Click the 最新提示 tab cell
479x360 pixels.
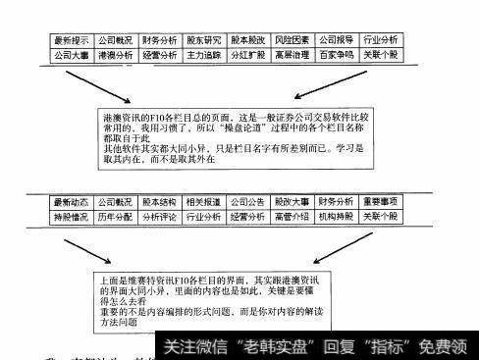[x=71, y=41]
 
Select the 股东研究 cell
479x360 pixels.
[x=204, y=41]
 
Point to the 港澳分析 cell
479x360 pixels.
[x=117, y=58]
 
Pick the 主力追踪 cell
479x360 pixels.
[x=204, y=58]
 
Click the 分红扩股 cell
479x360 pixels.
[x=247, y=58]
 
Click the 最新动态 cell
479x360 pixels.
[x=71, y=201]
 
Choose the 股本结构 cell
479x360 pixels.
[x=160, y=201]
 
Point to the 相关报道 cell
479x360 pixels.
[x=204, y=201]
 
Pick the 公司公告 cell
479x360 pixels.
[x=247, y=201]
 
